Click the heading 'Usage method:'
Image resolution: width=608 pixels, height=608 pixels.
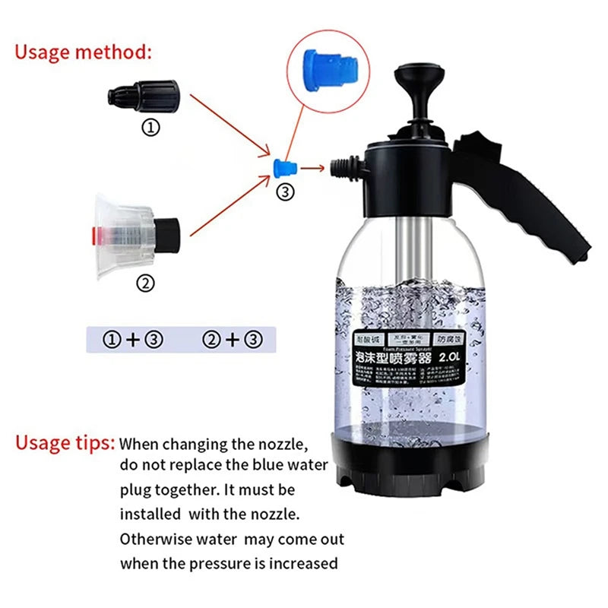(84, 52)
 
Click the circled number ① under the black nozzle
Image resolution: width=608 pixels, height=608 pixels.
(151, 128)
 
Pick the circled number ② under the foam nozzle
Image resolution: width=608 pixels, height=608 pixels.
(144, 283)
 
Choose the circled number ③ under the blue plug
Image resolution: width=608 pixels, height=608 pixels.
(286, 193)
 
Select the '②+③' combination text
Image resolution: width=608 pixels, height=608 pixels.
(232, 340)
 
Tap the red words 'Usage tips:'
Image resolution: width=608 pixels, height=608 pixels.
(65, 443)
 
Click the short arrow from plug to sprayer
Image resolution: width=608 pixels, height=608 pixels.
(313, 168)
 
